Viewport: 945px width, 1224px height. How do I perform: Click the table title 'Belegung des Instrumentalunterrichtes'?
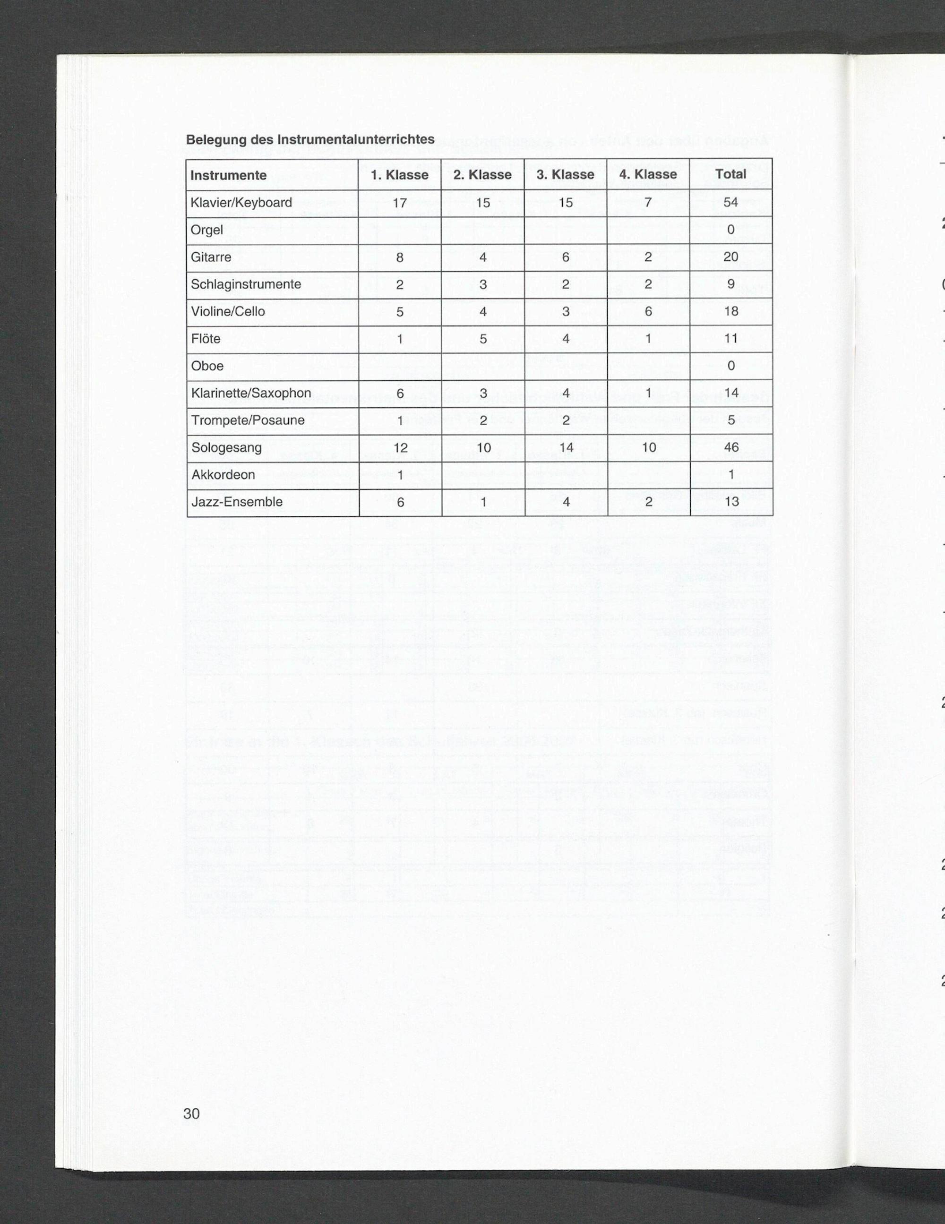310,139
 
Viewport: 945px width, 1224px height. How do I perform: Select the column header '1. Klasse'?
399,175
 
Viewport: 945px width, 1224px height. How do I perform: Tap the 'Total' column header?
730,174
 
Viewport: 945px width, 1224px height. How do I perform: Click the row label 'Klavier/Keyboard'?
241,202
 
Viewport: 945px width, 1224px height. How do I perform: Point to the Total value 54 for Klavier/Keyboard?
730,202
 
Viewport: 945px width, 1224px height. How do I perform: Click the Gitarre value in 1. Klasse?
399,257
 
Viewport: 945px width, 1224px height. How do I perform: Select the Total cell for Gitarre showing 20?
730,257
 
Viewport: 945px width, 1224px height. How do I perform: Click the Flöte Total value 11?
730,339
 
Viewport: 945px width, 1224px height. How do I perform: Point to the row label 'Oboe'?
207,366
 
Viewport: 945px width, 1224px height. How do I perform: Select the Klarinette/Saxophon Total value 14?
730,393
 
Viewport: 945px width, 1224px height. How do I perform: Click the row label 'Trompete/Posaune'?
248,420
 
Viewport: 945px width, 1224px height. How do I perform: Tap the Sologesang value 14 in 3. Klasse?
566,448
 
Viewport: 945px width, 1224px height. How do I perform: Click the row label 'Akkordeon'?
223,475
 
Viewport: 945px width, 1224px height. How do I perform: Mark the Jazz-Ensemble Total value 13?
731,502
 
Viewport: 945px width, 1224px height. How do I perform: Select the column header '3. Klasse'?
565,175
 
